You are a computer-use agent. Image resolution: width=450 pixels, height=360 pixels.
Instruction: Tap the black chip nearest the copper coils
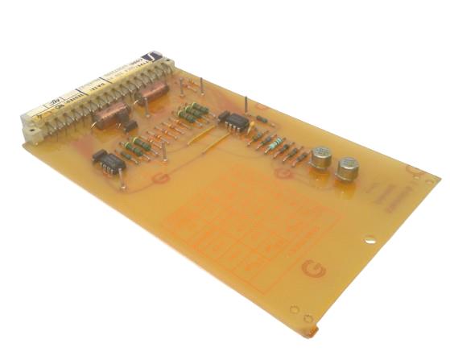(109, 161)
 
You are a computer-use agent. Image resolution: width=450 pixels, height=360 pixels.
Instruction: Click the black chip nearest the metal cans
(234, 120)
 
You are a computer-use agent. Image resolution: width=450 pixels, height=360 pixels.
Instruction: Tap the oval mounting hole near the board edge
(369, 239)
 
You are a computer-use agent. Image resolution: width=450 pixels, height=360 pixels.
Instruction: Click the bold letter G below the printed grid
(308, 269)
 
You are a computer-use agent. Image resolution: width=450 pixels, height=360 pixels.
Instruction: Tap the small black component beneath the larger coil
(126, 126)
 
